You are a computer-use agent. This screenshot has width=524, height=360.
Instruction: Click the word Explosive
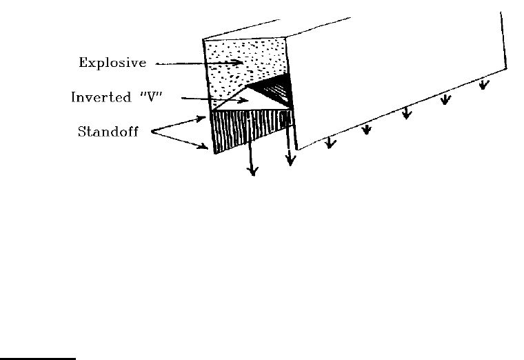(111, 63)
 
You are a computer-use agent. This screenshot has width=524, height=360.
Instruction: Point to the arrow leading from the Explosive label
(200, 64)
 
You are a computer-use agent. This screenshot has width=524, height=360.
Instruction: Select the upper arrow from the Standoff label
(180, 124)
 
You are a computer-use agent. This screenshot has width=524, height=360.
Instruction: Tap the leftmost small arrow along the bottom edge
(331, 143)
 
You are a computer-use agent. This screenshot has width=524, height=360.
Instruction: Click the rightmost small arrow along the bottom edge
(485, 85)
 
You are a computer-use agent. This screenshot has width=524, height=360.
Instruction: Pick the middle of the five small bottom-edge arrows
(407, 112)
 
